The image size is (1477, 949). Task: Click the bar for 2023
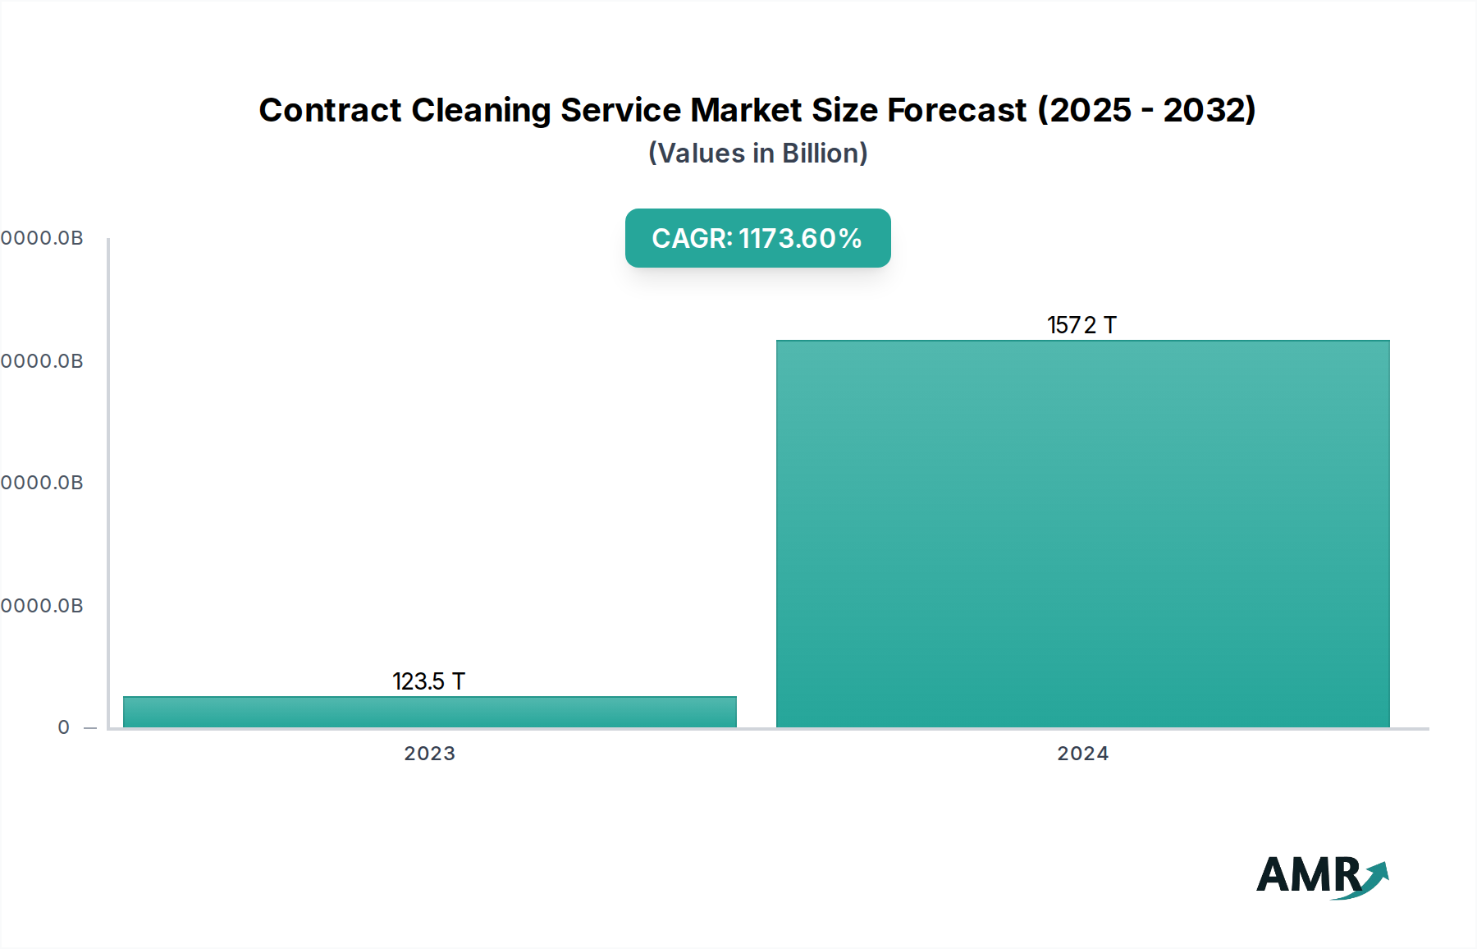click(429, 712)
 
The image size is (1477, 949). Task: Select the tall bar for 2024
click(1082, 534)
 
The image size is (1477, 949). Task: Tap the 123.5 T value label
click(428, 681)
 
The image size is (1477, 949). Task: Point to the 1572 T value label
click(1081, 325)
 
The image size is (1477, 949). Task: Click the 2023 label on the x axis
click(429, 754)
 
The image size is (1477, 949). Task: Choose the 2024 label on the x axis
click(1082, 754)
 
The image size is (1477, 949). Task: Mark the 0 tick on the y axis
click(64, 727)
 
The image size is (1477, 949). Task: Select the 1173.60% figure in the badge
click(800, 238)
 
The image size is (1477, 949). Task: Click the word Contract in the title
click(330, 110)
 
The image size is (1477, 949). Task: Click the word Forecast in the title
click(957, 110)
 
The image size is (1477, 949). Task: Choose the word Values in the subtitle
click(702, 154)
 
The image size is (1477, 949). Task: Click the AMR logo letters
click(1308, 875)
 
